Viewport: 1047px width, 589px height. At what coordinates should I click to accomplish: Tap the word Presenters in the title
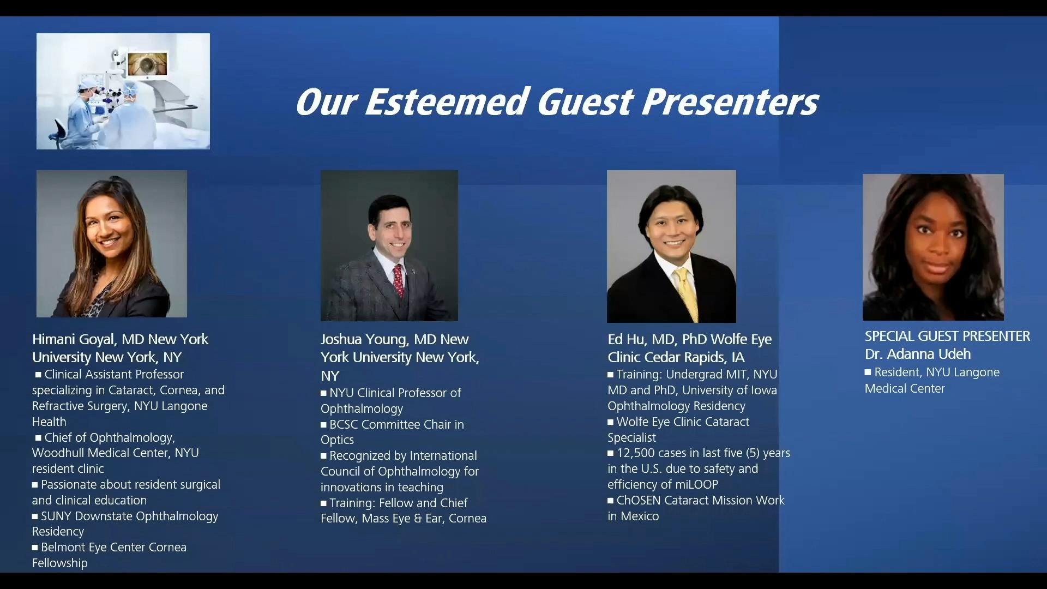pyautogui.click(x=730, y=102)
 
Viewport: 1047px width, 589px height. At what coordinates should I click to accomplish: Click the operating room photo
pyautogui.click(x=123, y=91)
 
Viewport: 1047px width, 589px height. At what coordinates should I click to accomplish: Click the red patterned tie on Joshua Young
pyautogui.click(x=399, y=280)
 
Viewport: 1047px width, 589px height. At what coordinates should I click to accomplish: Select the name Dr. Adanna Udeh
pyautogui.click(x=918, y=354)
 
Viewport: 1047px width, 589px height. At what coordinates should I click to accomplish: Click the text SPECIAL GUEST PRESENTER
pyautogui.click(x=947, y=336)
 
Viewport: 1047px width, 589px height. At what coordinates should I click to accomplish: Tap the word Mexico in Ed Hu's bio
pyautogui.click(x=640, y=516)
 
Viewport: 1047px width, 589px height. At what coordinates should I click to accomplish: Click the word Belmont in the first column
pyautogui.click(x=63, y=547)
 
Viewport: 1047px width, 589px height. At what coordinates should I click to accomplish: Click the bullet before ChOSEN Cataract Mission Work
pyautogui.click(x=611, y=500)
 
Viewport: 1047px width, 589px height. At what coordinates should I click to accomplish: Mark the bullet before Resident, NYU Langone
pyautogui.click(x=868, y=372)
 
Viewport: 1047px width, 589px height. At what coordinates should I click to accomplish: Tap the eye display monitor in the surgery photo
pyautogui.click(x=147, y=64)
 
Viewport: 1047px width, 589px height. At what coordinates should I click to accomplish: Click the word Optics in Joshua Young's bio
pyautogui.click(x=337, y=440)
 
